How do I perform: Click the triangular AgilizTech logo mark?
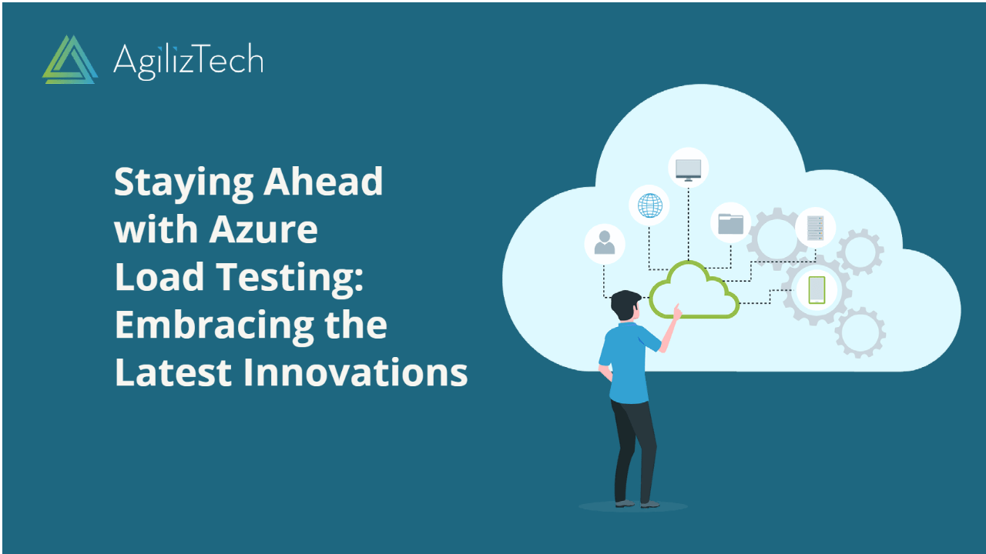coord(70,59)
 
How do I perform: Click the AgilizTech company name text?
coord(188,60)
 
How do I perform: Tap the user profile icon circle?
coord(605,243)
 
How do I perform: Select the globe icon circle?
coord(649,205)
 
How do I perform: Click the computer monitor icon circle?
coord(688,169)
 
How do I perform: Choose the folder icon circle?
coord(730,223)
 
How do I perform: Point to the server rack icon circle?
coord(815,228)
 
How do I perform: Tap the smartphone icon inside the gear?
coord(817,289)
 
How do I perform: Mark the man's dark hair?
coord(625,302)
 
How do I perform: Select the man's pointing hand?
coord(677,311)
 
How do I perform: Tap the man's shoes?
coord(637,504)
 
